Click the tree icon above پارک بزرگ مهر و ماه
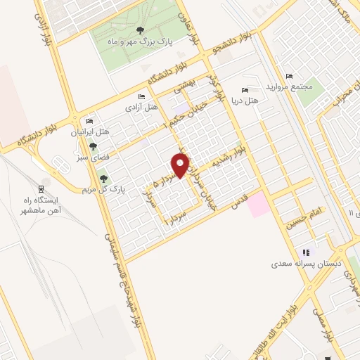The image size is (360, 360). (x=140, y=30)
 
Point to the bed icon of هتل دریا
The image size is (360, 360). (x=245, y=91)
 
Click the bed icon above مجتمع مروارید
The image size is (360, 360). (x=289, y=76)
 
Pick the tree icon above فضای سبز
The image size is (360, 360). (x=93, y=146)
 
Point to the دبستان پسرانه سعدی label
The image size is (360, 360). (x=303, y=266)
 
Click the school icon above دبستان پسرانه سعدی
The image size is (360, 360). (x=305, y=252)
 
